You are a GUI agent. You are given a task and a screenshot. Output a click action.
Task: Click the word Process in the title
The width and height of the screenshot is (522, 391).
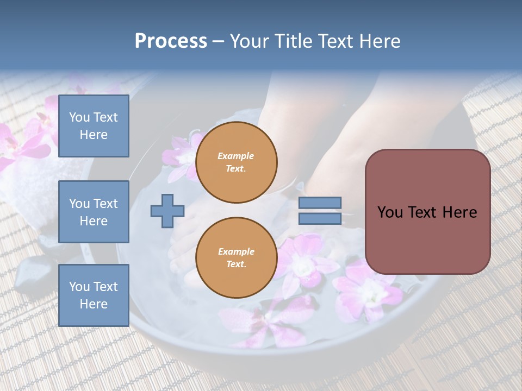click(x=171, y=41)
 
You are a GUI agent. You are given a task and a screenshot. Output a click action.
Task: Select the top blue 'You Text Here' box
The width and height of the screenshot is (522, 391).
click(x=94, y=126)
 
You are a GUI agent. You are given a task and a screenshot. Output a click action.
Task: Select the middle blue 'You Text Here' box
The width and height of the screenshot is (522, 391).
click(x=94, y=212)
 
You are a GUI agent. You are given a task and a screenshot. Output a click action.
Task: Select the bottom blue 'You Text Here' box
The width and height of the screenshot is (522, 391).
click(x=94, y=295)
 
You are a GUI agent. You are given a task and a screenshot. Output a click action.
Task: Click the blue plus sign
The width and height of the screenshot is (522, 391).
click(x=167, y=211)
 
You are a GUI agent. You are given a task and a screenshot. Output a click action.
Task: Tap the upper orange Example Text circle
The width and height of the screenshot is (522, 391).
click(x=236, y=162)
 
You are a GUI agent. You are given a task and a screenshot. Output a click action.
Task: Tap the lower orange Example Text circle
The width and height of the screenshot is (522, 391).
click(x=236, y=257)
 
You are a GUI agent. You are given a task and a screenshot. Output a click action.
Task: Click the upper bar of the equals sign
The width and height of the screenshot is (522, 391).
click(x=320, y=203)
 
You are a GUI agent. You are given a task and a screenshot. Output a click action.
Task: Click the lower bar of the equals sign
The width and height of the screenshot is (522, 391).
click(x=320, y=218)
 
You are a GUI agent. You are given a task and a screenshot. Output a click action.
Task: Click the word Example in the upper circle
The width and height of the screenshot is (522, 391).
click(x=236, y=156)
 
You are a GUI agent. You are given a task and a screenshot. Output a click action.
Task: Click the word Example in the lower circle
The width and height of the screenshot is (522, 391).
click(x=236, y=251)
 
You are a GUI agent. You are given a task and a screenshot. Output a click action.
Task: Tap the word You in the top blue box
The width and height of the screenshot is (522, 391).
click(x=78, y=117)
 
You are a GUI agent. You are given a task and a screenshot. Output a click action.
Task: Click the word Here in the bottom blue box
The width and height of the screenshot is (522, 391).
click(x=94, y=304)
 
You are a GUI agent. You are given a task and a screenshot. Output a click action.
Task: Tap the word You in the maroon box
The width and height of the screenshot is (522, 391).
click(x=389, y=212)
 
